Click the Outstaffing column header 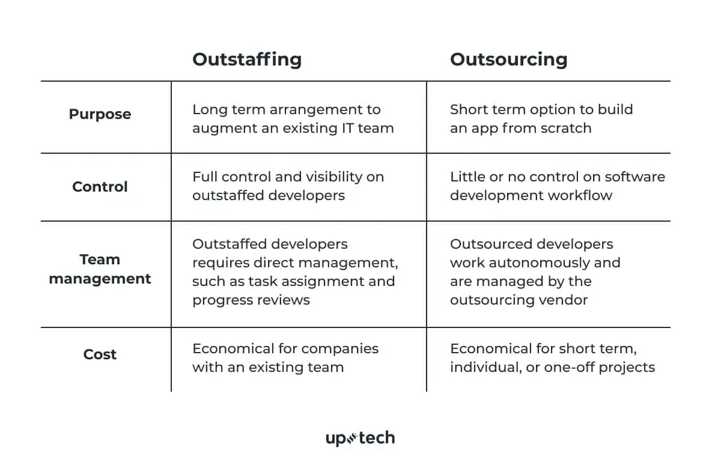pyautogui.click(x=247, y=59)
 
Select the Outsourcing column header pyautogui.click(x=508, y=59)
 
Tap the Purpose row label pyautogui.click(x=100, y=114)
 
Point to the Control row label pyautogui.click(x=100, y=187)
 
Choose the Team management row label pyautogui.click(x=100, y=269)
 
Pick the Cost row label pyautogui.click(x=100, y=354)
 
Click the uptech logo pyautogui.click(x=360, y=438)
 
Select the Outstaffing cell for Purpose pyautogui.click(x=293, y=119)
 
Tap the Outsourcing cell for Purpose pyautogui.click(x=541, y=119)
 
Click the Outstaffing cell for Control pyautogui.click(x=288, y=186)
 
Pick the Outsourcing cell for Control pyautogui.click(x=557, y=186)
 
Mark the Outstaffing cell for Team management pyautogui.click(x=295, y=272)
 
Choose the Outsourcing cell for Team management pyautogui.click(x=535, y=272)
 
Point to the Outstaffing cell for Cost pyautogui.click(x=285, y=358)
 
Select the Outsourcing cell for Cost pyautogui.click(x=552, y=358)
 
